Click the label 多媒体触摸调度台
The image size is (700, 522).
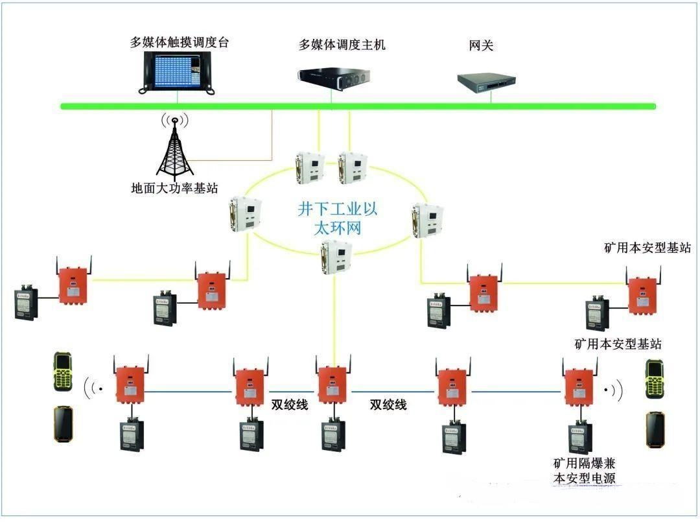(180, 43)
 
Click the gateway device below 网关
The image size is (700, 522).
(490, 80)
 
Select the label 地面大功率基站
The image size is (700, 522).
(174, 189)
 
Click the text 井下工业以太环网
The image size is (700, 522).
(337, 219)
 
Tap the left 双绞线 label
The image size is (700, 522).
(290, 405)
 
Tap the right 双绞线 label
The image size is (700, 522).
(388, 405)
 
